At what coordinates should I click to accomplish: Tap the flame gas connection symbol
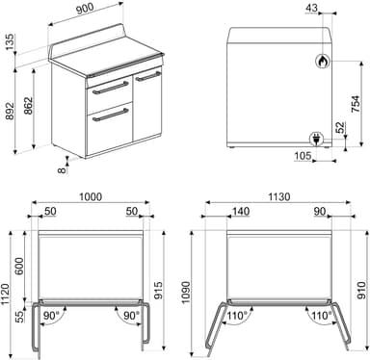[x=322, y=61]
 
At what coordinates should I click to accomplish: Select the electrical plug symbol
[x=315, y=140]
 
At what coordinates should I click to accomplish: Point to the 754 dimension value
[x=356, y=103]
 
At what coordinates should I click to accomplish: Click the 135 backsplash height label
[x=10, y=41]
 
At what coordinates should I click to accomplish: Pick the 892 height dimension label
[x=10, y=111]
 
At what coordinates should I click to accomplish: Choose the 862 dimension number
[x=29, y=106]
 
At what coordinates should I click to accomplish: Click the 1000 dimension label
[x=91, y=196]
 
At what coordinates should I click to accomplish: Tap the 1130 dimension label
[x=278, y=196]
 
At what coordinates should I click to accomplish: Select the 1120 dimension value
[x=6, y=295]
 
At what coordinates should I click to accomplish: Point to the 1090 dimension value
[x=185, y=293]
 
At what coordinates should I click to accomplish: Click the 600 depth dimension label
[x=19, y=266]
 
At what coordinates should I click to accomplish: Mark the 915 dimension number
[x=158, y=291]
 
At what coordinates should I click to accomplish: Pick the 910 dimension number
[x=362, y=290]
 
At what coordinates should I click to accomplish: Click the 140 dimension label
[x=241, y=211]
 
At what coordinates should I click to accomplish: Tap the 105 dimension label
[x=303, y=156]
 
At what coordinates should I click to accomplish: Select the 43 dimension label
[x=311, y=8]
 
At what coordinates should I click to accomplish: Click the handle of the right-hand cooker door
[x=147, y=77]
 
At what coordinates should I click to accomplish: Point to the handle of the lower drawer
[x=111, y=116]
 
